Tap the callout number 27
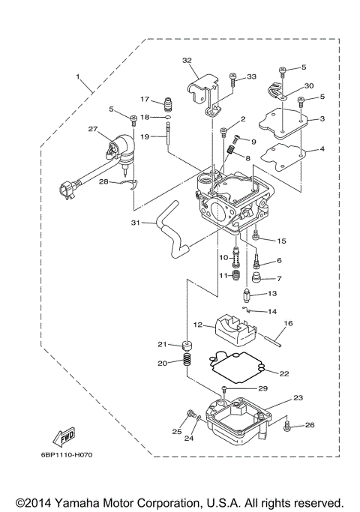tap(93, 129)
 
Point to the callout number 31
tap(135, 223)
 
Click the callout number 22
tap(283, 373)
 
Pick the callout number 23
tap(298, 398)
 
